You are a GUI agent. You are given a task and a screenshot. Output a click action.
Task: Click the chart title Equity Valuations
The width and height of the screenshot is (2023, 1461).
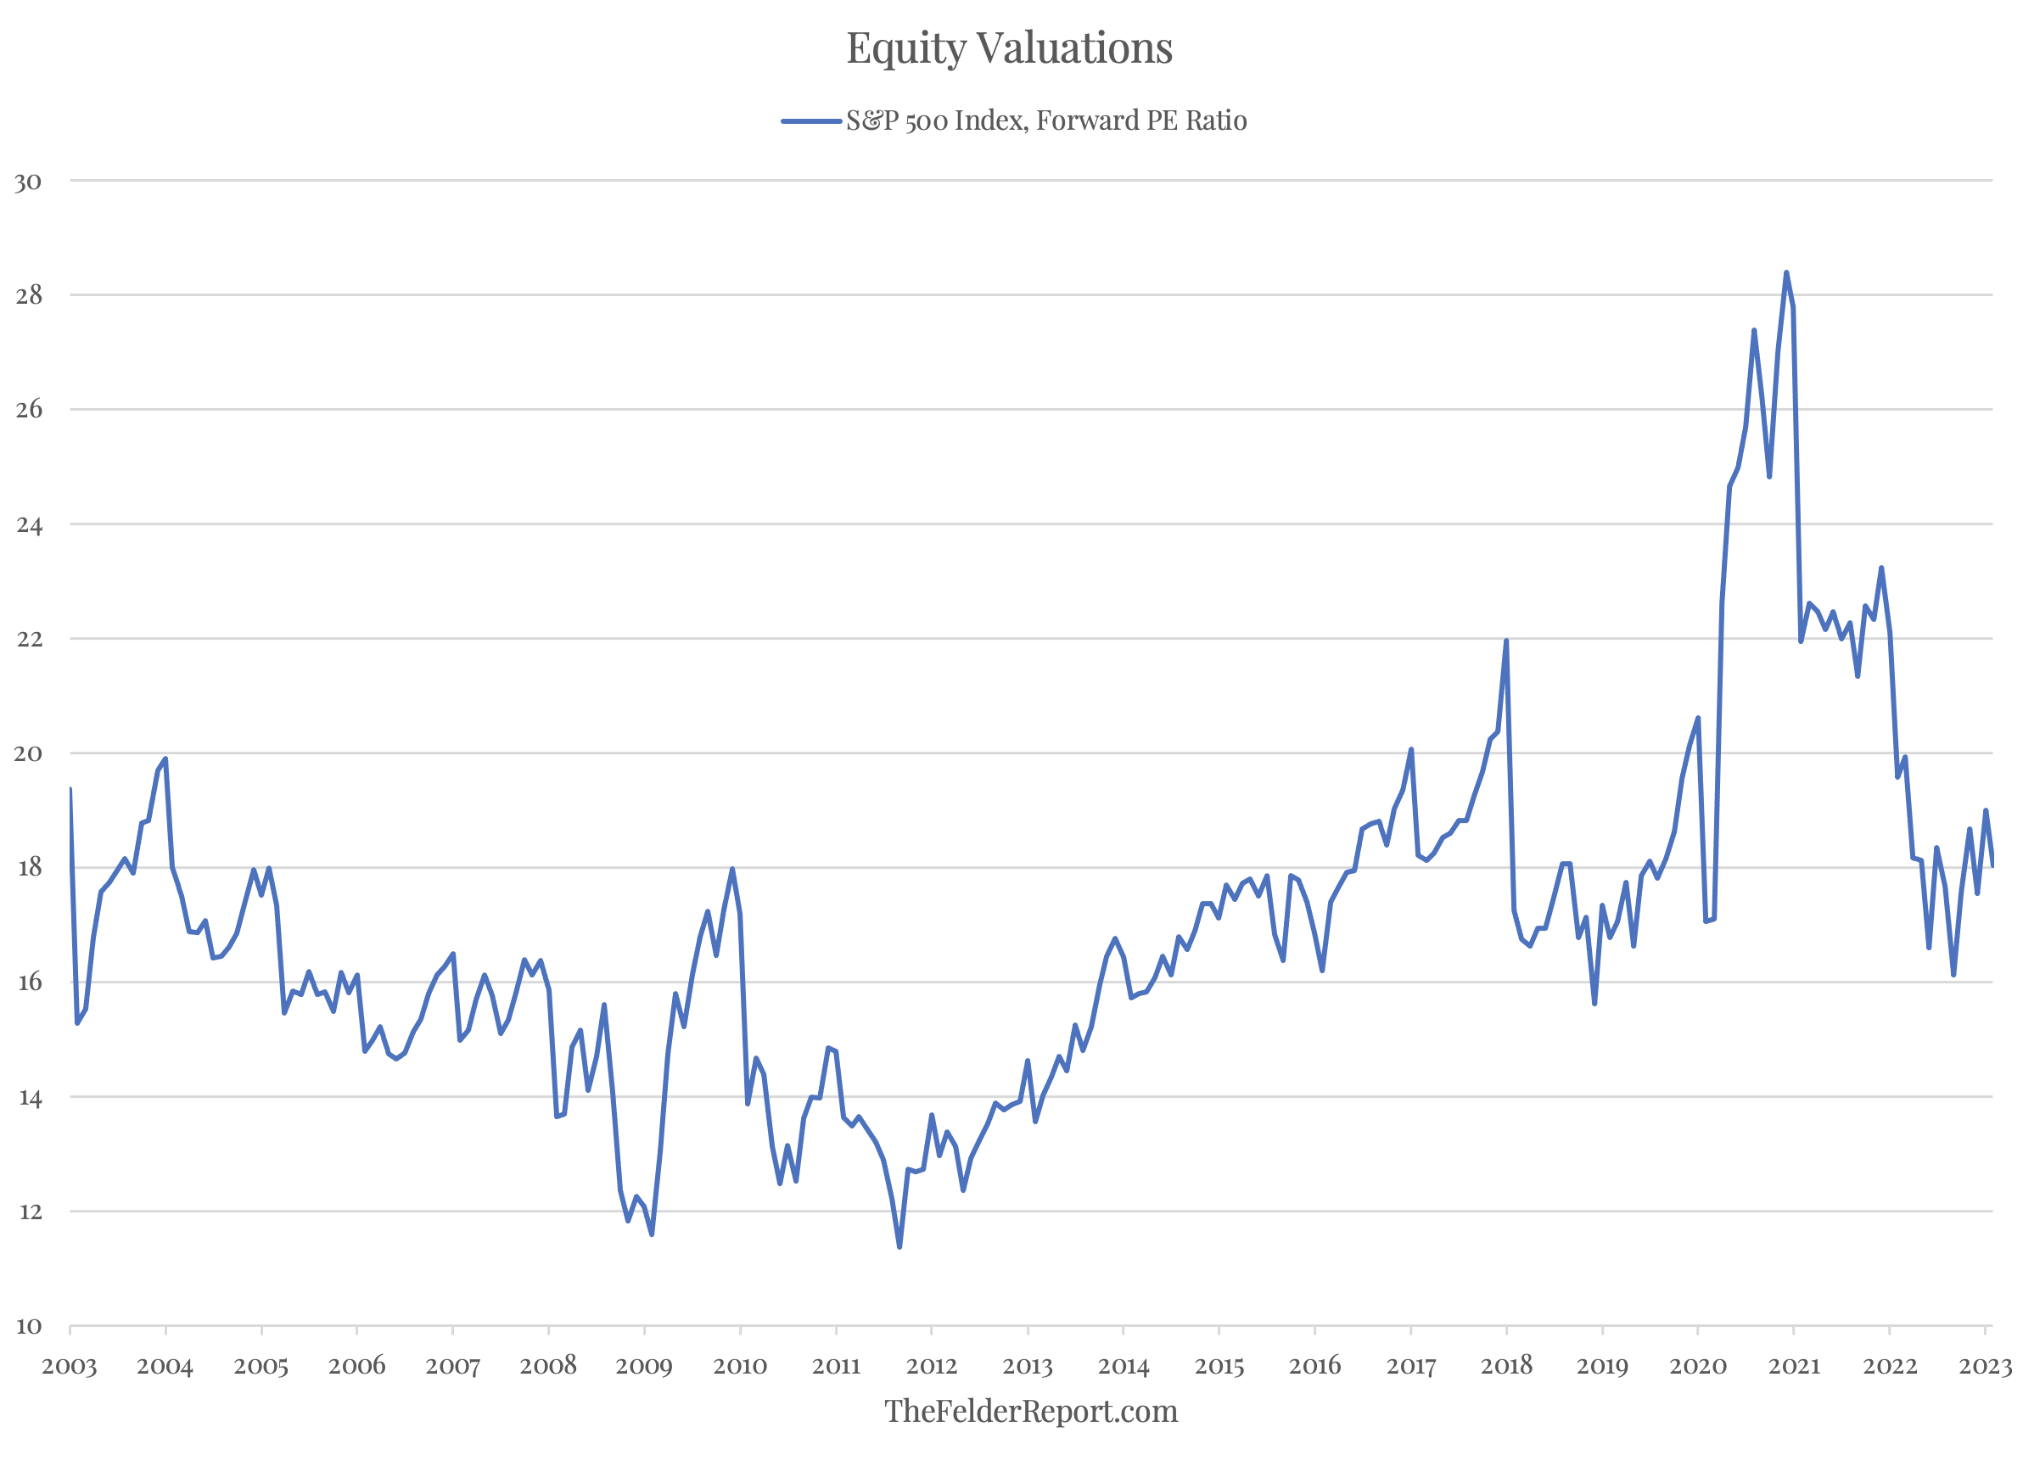(x=1009, y=48)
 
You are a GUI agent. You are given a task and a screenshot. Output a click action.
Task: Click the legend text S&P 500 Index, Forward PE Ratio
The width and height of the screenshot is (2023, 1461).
(x=1045, y=121)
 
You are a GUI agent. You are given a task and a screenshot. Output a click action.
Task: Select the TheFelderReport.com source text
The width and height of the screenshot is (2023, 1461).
(x=1030, y=1411)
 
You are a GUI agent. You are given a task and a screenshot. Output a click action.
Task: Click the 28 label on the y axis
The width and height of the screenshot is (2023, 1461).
(x=29, y=296)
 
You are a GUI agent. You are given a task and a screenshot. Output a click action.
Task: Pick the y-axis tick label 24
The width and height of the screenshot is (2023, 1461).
(x=29, y=525)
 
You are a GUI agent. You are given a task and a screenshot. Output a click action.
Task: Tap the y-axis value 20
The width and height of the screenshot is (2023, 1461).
(x=28, y=754)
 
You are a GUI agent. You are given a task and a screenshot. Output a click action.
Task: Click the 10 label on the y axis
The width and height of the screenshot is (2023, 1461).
(x=29, y=1327)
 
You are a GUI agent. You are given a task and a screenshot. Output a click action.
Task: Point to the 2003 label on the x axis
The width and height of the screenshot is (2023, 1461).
(x=69, y=1367)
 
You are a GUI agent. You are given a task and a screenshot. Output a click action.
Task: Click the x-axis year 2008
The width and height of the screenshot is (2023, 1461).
(x=547, y=1367)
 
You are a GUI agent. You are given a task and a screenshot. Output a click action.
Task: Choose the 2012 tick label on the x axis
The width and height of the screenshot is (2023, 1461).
(x=931, y=1367)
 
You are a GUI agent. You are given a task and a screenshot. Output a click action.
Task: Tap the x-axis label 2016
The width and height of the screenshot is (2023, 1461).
(x=1314, y=1367)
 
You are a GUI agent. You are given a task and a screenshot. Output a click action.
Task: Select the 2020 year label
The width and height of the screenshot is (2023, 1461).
(x=1697, y=1367)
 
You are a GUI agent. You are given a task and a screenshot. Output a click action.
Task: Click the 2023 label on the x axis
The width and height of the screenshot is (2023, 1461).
(x=1985, y=1367)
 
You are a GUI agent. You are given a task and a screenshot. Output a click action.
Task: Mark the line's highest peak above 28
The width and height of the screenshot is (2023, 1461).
(x=1785, y=273)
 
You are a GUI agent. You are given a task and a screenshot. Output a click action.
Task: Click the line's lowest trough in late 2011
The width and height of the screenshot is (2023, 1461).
(x=899, y=1246)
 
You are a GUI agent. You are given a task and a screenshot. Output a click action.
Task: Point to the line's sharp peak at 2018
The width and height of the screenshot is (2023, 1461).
(x=1505, y=641)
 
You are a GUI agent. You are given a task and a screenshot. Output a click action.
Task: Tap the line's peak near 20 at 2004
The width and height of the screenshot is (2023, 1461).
(x=165, y=759)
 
